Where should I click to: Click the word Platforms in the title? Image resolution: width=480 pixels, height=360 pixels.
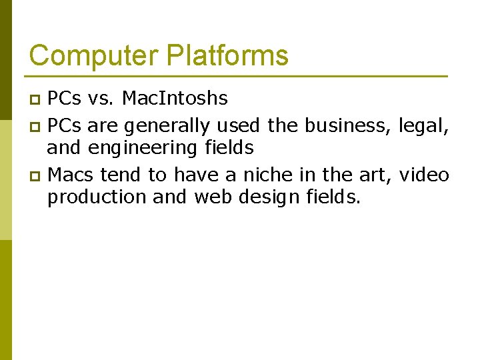coord(227,55)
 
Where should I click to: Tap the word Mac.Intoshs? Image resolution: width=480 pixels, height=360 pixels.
coord(175,99)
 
